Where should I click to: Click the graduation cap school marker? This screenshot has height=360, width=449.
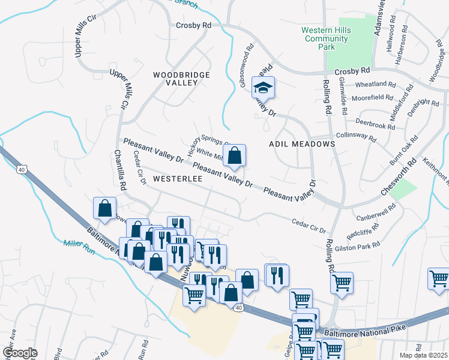click(x=263, y=88)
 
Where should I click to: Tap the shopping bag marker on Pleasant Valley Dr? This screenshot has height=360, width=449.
click(x=236, y=155)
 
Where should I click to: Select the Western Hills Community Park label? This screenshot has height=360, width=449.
click(x=325, y=34)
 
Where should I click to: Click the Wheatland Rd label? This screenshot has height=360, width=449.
click(x=376, y=85)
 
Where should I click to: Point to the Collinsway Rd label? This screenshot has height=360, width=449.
click(x=356, y=137)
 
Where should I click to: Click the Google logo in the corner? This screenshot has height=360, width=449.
click(x=19, y=352)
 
